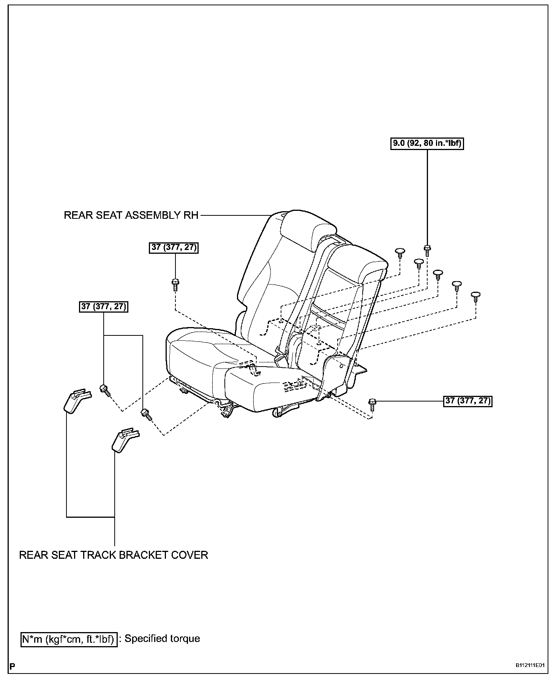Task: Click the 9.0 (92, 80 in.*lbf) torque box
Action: pyautogui.click(x=427, y=144)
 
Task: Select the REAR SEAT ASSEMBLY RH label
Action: pyautogui.click(x=131, y=215)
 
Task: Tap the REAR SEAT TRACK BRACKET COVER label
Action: pyautogui.click(x=114, y=555)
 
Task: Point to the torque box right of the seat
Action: pyautogui.click(x=468, y=401)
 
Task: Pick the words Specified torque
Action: pyautogui.click(x=162, y=639)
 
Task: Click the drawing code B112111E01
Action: pyautogui.click(x=530, y=666)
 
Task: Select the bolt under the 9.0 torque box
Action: pyautogui.click(x=427, y=250)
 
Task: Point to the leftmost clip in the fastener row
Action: pyautogui.click(x=400, y=252)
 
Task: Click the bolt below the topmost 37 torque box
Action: pyautogui.click(x=175, y=284)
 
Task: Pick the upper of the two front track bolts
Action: pyautogui.click(x=104, y=390)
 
